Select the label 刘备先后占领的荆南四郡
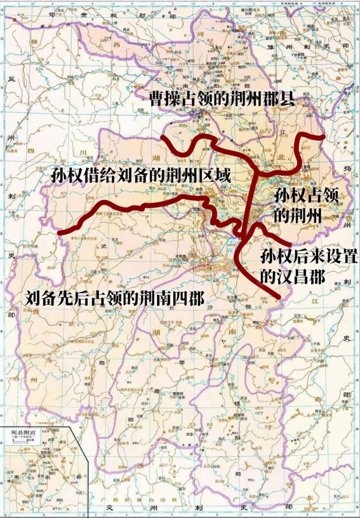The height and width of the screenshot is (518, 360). point(115,299)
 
